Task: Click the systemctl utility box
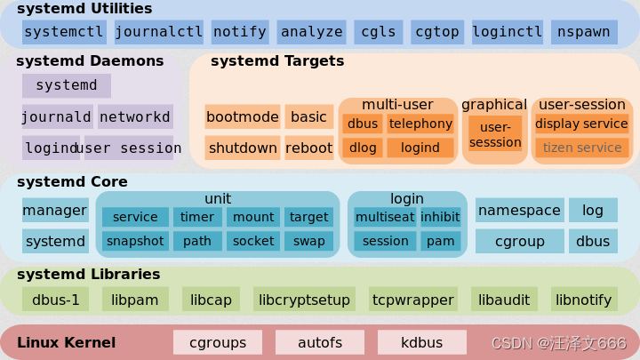click(64, 32)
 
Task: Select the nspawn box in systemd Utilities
click(584, 32)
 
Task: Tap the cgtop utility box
click(436, 32)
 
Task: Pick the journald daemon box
click(57, 116)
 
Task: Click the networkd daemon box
click(135, 116)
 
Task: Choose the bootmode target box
click(242, 116)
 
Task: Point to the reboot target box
click(308, 148)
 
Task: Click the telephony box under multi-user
click(420, 124)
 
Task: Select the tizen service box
click(581, 148)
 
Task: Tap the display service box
click(581, 124)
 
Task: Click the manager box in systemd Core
click(55, 211)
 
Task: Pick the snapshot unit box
click(135, 240)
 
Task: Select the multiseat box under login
click(384, 217)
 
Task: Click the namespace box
click(519, 211)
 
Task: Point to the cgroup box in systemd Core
click(519, 240)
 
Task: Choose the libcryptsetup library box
click(305, 300)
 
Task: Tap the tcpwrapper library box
click(412, 300)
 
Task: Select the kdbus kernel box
click(422, 341)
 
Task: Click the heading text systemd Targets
click(276, 61)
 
